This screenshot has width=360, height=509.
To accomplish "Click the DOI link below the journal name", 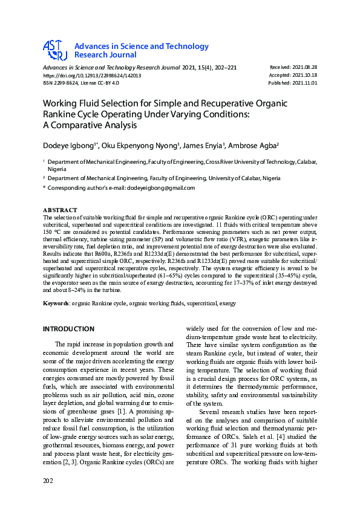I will tap(92, 76).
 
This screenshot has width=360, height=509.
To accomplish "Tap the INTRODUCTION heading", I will tap(68, 329).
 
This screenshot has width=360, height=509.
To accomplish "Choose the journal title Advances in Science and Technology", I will tap(141, 47).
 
